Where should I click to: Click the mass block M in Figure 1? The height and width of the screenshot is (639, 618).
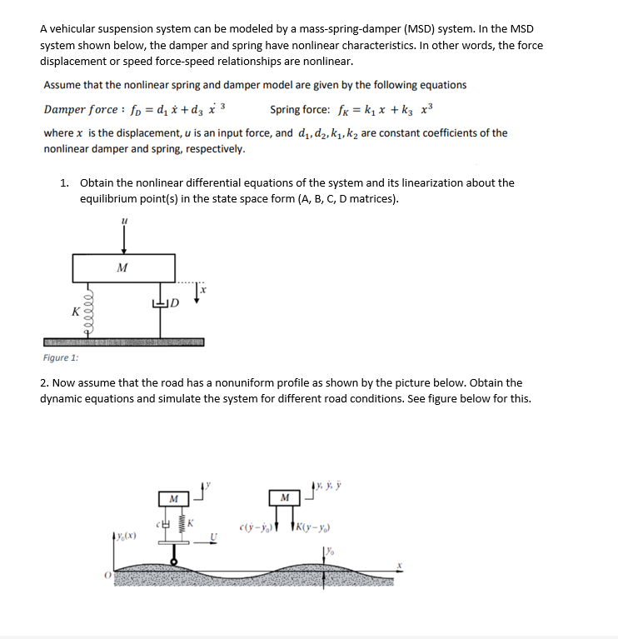123,268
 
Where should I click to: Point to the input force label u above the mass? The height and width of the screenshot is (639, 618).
124,220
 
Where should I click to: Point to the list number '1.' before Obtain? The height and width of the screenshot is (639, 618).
65,182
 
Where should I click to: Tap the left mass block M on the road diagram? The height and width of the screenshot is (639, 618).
173,498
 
